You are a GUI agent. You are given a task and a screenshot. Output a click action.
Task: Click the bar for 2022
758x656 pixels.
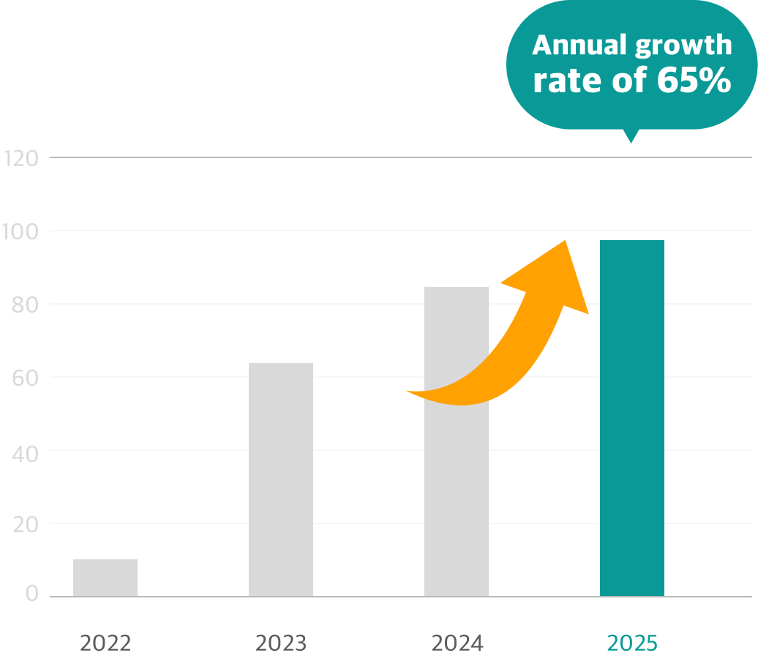click(105, 578)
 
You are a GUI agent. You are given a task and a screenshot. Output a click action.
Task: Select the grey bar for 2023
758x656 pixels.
click(281, 480)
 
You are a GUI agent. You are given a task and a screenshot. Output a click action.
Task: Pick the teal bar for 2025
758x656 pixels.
click(632, 418)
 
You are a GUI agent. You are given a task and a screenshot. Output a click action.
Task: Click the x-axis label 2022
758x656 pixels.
click(105, 644)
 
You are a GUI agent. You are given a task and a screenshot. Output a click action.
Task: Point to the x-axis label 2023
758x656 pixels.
click(281, 644)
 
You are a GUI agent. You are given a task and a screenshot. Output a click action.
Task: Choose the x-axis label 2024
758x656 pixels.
click(457, 644)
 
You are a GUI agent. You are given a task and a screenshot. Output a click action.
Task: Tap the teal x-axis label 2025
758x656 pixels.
click(632, 644)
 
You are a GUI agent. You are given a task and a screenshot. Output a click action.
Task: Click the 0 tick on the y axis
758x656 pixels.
click(31, 594)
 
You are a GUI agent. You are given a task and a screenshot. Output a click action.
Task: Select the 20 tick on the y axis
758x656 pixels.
click(26, 523)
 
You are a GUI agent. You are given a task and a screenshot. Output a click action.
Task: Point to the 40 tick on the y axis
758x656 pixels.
click(26, 450)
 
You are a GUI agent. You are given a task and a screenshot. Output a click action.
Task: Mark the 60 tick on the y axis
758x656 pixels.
click(26, 377)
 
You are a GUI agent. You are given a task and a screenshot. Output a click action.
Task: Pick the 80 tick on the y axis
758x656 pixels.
click(26, 304)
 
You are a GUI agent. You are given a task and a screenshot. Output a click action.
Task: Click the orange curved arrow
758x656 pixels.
click(512, 344)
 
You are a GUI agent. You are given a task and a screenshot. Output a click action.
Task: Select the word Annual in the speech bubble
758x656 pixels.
click(578, 45)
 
